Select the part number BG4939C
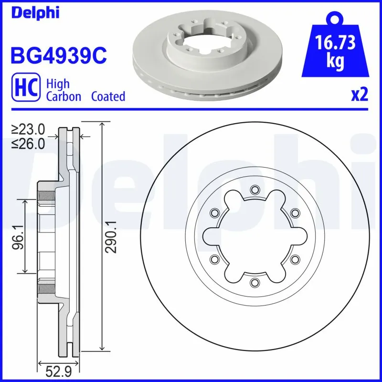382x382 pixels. point(58,55)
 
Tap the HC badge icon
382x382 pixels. point(24,90)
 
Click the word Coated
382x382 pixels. point(108,96)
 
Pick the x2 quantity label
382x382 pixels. point(360,95)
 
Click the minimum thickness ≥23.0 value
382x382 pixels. point(28,129)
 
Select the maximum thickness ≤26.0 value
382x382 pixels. point(28,143)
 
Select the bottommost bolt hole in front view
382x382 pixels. point(254,282)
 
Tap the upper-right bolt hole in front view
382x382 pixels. point(295,212)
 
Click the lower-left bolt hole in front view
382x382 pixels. point(213,259)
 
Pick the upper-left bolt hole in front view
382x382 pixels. point(213,212)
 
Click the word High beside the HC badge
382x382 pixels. point(57,84)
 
